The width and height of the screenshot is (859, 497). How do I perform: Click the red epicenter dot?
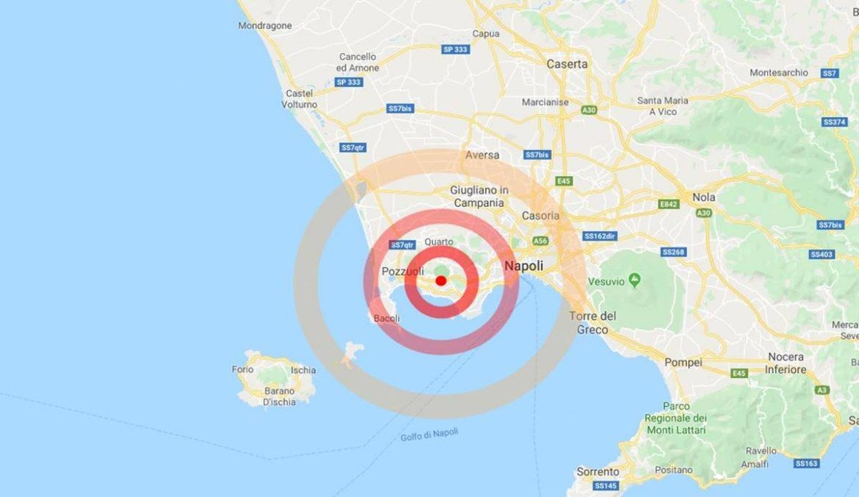click(441, 280)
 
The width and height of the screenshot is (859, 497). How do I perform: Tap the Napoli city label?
click(523, 266)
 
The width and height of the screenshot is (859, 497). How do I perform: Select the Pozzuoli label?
click(399, 272)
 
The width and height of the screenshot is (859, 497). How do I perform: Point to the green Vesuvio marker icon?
click(636, 280)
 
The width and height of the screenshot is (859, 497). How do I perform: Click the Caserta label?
click(567, 64)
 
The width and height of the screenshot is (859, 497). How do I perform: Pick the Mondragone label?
click(265, 26)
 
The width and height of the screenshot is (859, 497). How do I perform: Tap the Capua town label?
click(486, 34)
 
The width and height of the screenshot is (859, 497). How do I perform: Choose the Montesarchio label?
click(779, 73)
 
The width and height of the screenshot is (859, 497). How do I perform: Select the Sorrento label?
click(598, 471)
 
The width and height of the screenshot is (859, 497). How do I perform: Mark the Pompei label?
click(683, 362)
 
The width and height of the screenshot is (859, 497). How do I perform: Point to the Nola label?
click(703, 197)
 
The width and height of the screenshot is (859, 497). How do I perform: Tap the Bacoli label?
click(387, 319)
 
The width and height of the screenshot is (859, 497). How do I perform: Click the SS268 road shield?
click(673, 252)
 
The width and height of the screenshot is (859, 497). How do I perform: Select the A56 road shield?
click(541, 240)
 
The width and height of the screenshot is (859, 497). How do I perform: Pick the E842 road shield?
click(668, 203)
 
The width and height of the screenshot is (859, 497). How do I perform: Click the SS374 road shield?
click(834, 122)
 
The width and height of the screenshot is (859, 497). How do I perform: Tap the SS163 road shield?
click(805, 464)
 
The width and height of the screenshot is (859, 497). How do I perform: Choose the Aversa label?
click(482, 155)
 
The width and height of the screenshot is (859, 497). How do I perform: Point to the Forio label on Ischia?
click(243, 369)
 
